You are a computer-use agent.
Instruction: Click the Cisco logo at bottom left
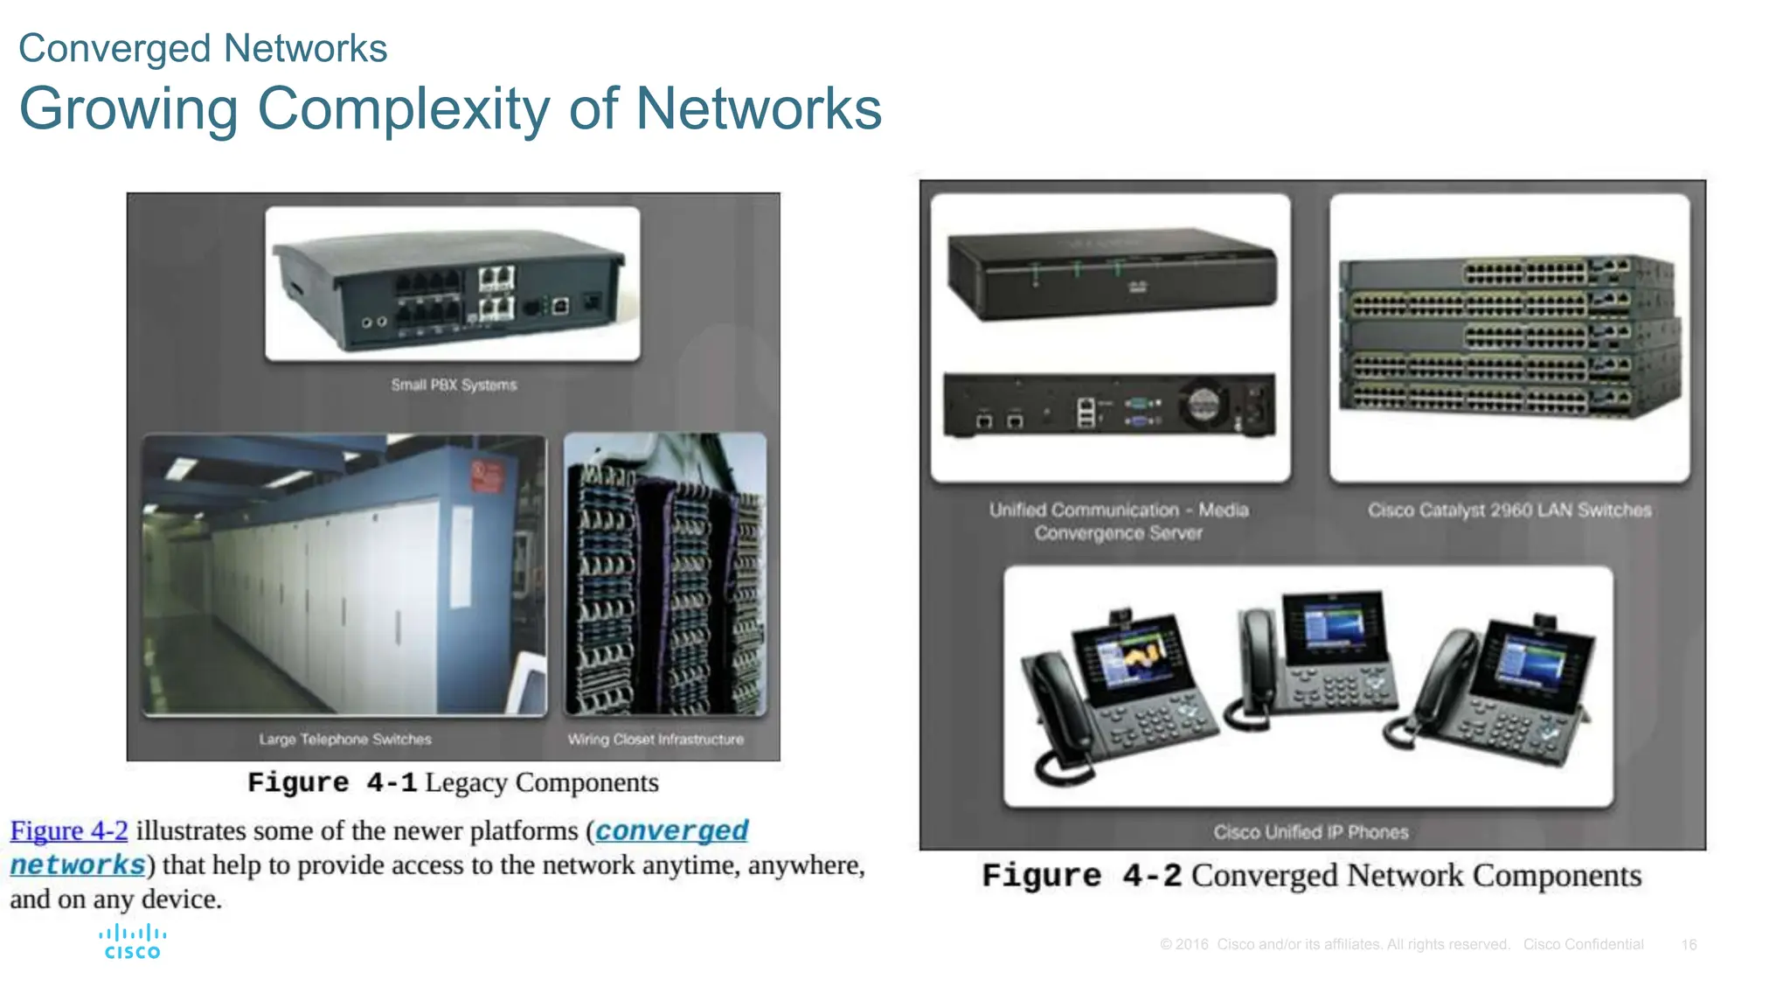(x=132, y=942)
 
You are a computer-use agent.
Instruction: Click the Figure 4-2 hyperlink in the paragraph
(x=69, y=830)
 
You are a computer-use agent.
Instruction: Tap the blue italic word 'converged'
(x=671, y=830)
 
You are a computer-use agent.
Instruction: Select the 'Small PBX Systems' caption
(x=454, y=385)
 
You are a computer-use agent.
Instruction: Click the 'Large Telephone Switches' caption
(x=345, y=740)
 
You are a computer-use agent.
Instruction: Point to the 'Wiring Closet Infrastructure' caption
(x=656, y=740)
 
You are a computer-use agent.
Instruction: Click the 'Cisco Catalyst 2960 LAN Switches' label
(x=1509, y=510)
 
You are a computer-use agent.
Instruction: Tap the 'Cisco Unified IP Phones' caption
(x=1310, y=832)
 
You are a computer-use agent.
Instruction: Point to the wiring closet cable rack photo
(x=665, y=574)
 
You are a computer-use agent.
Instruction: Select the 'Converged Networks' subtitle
(x=203, y=48)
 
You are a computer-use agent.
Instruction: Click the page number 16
(x=1689, y=945)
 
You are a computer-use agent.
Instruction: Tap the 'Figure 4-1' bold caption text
(x=332, y=782)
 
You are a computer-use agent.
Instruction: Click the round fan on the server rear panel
(x=1204, y=404)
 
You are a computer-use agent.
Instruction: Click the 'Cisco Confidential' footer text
(x=1583, y=945)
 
